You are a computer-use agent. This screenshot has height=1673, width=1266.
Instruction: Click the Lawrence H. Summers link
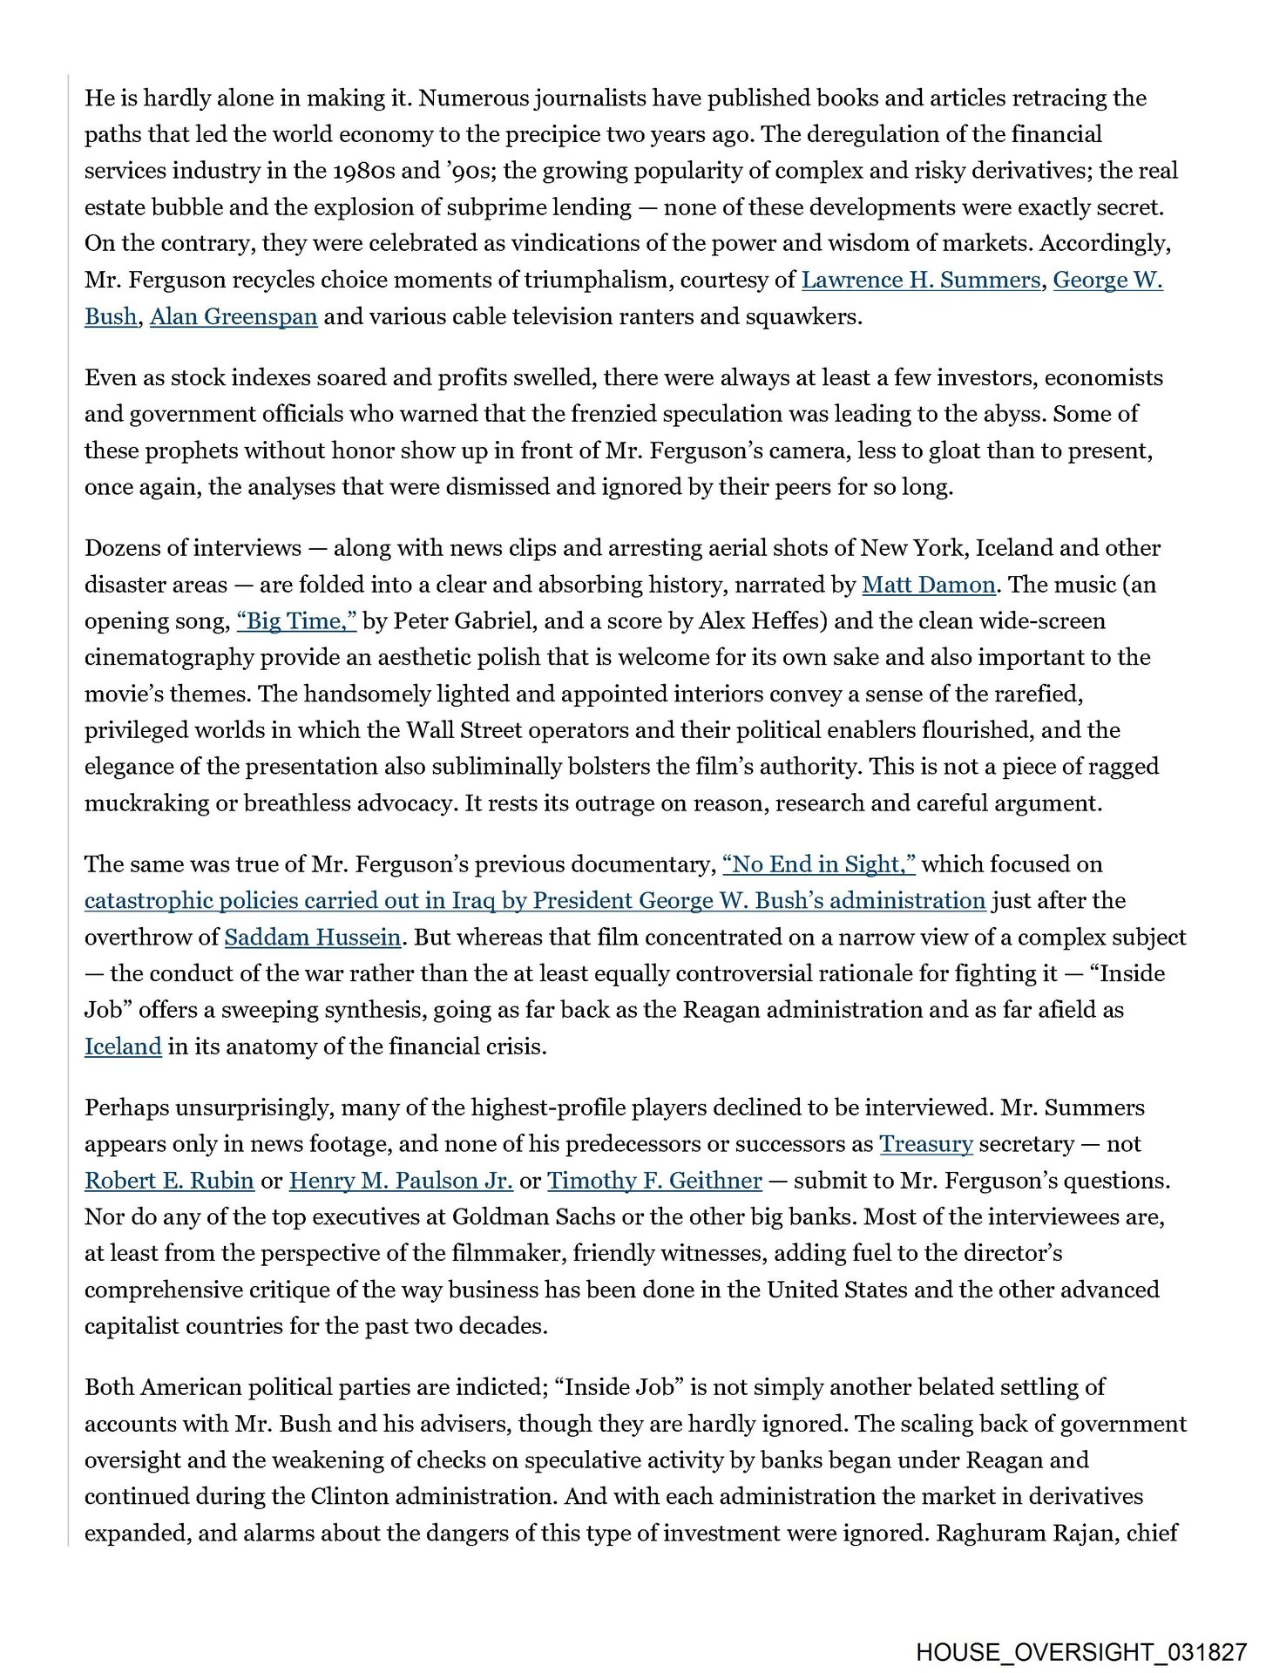coord(920,280)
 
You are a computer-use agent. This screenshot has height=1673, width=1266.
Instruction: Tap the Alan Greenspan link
coord(234,316)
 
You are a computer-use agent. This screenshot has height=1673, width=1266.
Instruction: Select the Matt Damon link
coord(928,585)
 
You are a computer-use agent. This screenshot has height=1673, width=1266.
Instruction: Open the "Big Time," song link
coord(296,621)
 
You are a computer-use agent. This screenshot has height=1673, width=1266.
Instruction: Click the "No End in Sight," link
coord(819,864)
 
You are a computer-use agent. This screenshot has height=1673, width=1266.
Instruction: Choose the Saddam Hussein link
coord(313,938)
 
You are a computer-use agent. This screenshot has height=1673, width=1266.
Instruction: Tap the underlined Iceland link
coord(123,1046)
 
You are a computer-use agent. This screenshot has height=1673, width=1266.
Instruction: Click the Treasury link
coord(926,1144)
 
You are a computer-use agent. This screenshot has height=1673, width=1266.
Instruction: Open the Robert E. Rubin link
coord(169,1181)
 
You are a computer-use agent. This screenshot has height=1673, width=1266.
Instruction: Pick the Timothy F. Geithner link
coord(654,1181)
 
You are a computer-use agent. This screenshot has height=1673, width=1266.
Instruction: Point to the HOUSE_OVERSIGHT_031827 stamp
coord(1081,1652)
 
